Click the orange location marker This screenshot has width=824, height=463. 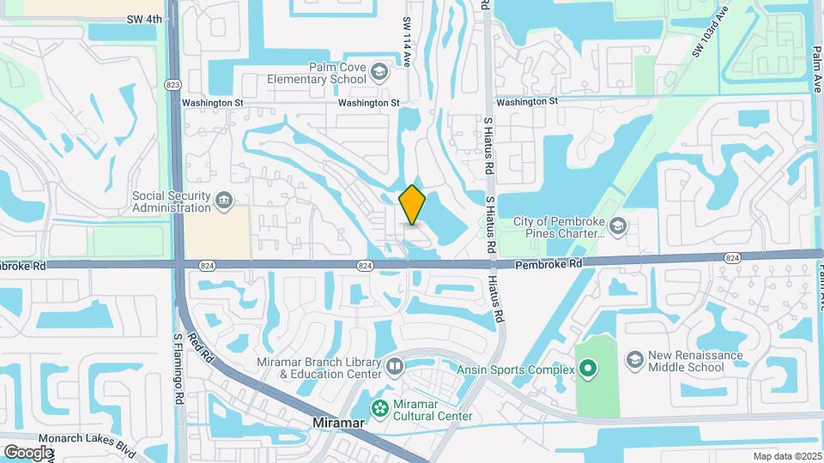413,205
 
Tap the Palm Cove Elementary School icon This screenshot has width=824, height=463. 379,73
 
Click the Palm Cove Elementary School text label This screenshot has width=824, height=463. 316,74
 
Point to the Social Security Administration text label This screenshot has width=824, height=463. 172,201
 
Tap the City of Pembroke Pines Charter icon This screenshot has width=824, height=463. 619,227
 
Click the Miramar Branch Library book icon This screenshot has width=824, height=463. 395,368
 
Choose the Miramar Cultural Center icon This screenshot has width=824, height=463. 378,406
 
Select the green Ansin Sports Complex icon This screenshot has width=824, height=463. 588,370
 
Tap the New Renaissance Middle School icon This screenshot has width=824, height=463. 635,357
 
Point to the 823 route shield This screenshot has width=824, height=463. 174,84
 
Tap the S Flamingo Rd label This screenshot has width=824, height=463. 179,369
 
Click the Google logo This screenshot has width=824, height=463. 28,453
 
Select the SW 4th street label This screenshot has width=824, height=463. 143,18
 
